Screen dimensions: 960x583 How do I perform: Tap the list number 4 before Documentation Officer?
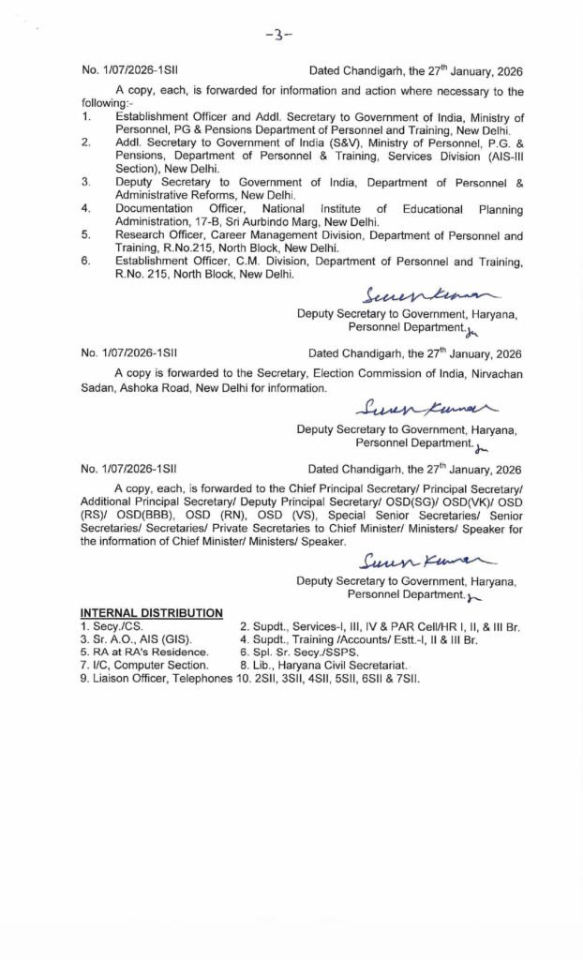(85, 208)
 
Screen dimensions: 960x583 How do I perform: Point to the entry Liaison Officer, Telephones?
(156, 678)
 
